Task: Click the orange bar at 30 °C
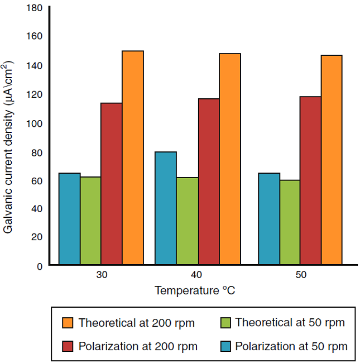pyautogui.click(x=133, y=157)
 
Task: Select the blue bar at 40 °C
pyautogui.click(x=165, y=208)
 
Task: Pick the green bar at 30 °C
pyautogui.click(x=90, y=221)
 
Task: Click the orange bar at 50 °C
pyautogui.click(x=332, y=160)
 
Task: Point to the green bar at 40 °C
pyautogui.click(x=188, y=221)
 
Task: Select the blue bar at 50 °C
pyautogui.click(x=269, y=218)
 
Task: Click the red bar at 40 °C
pyautogui.click(x=209, y=181)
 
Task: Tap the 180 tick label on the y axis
pyautogui.click(x=35, y=8)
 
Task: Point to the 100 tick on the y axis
pyautogui.click(x=35, y=123)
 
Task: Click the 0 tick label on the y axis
pyautogui.click(x=40, y=266)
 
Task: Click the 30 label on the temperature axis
pyautogui.click(x=102, y=275)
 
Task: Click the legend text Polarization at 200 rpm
pyautogui.click(x=138, y=346)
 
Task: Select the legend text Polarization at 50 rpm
pyautogui.click(x=291, y=346)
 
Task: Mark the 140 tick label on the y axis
pyautogui.click(x=35, y=65)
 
